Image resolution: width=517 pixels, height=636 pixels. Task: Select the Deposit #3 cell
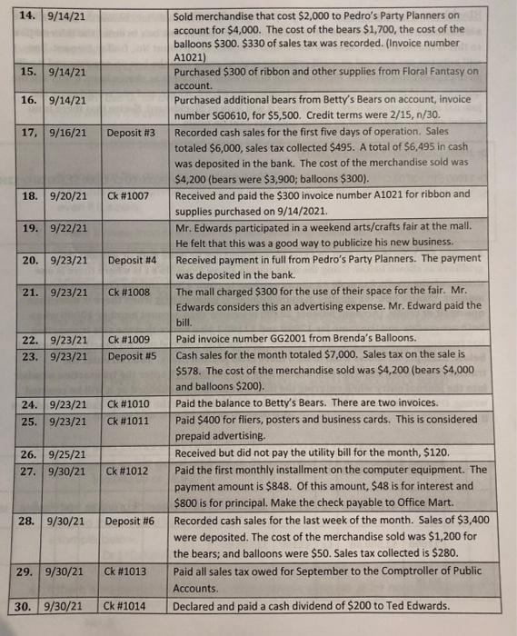coord(132,133)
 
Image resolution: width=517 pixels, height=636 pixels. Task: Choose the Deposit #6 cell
coord(132,522)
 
